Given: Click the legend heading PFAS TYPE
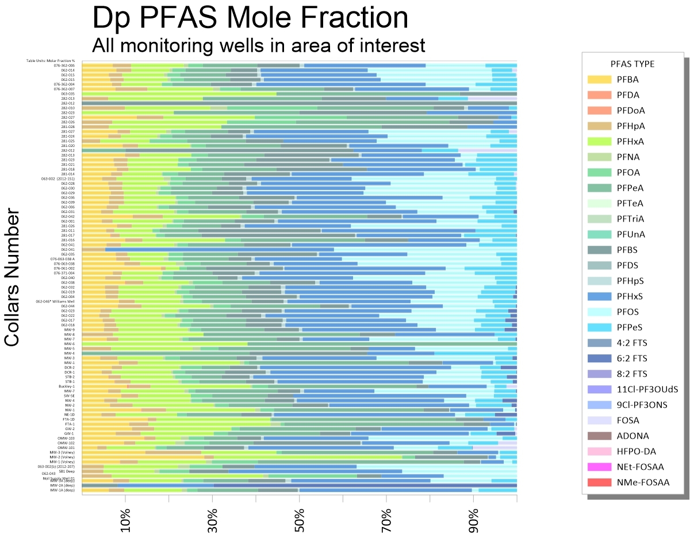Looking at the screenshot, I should point(632,64).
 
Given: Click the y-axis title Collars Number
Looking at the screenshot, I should point(13,278).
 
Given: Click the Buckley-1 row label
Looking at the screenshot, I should point(67,386).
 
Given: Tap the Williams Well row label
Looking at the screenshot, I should point(55,301).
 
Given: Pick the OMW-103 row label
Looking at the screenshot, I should point(66,438).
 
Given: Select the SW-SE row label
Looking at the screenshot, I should point(69,396).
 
